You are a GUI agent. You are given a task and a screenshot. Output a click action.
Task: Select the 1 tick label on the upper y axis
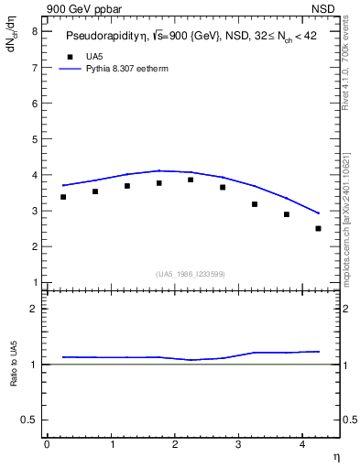34,282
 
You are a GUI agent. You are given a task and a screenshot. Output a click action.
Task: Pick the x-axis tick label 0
47,443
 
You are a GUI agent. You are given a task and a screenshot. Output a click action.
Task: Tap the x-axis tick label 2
175,443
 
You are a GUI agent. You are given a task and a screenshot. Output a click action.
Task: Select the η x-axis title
335,457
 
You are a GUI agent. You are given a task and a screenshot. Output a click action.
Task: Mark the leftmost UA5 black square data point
63,197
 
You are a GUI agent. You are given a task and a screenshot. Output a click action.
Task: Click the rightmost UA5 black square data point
318,228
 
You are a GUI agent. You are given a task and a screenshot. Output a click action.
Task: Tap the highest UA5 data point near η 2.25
191,180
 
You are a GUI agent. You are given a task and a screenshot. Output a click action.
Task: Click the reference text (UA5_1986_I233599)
191,274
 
